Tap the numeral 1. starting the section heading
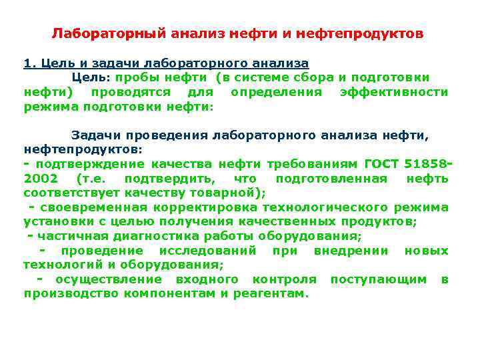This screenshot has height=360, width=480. click(x=29, y=63)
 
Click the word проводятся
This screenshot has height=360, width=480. click(x=130, y=91)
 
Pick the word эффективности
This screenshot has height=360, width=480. click(x=393, y=91)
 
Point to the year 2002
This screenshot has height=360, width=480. click(x=41, y=179)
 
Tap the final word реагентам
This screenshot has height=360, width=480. click(x=270, y=293)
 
